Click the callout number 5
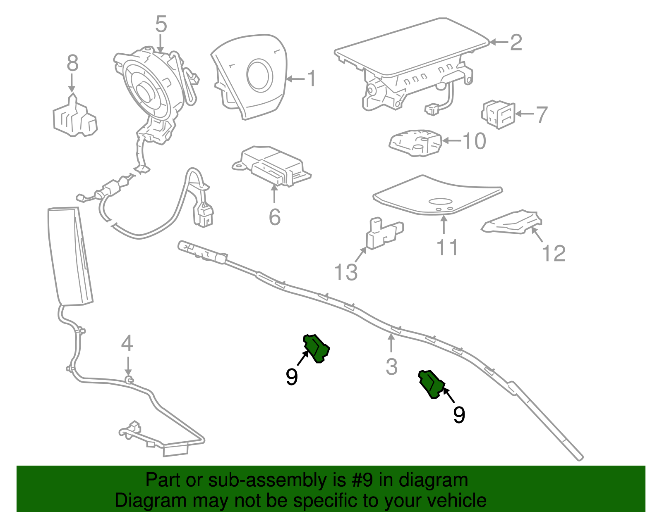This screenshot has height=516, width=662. (x=161, y=25)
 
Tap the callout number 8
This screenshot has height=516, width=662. (x=72, y=64)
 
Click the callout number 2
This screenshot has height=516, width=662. (x=516, y=43)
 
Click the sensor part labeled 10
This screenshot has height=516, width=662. (x=415, y=143)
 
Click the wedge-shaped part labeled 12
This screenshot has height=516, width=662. (x=513, y=223)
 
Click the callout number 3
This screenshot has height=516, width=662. (x=391, y=367)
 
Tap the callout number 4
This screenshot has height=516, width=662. (x=127, y=344)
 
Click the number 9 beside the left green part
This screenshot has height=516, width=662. (x=292, y=377)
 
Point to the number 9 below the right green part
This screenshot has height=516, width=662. (x=459, y=415)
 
